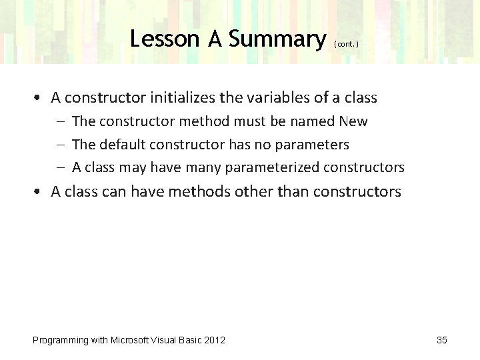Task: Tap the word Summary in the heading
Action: (x=275, y=39)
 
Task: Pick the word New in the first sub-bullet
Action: (x=353, y=121)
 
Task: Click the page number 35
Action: (x=442, y=340)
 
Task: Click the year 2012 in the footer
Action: (x=214, y=340)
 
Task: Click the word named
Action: (x=315, y=121)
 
